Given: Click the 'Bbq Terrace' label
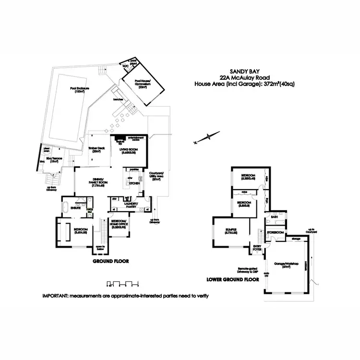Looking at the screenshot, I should pos(52,161).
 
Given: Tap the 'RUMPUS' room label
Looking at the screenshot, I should pos(232,231).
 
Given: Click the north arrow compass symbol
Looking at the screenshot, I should pos(205,138).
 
